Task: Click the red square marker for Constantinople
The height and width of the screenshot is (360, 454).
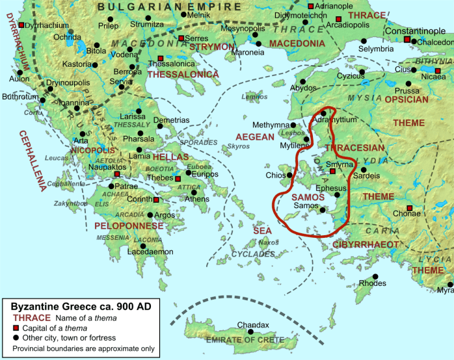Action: point(408,40)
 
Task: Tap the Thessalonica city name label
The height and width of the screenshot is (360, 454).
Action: point(172,64)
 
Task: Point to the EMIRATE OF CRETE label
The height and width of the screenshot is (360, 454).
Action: point(245,340)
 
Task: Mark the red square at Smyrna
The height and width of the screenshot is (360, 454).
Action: point(332,172)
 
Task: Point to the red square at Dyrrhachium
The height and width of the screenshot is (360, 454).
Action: point(21,25)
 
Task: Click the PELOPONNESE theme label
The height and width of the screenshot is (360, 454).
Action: point(129,225)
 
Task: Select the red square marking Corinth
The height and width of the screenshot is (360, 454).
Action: point(156,199)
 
